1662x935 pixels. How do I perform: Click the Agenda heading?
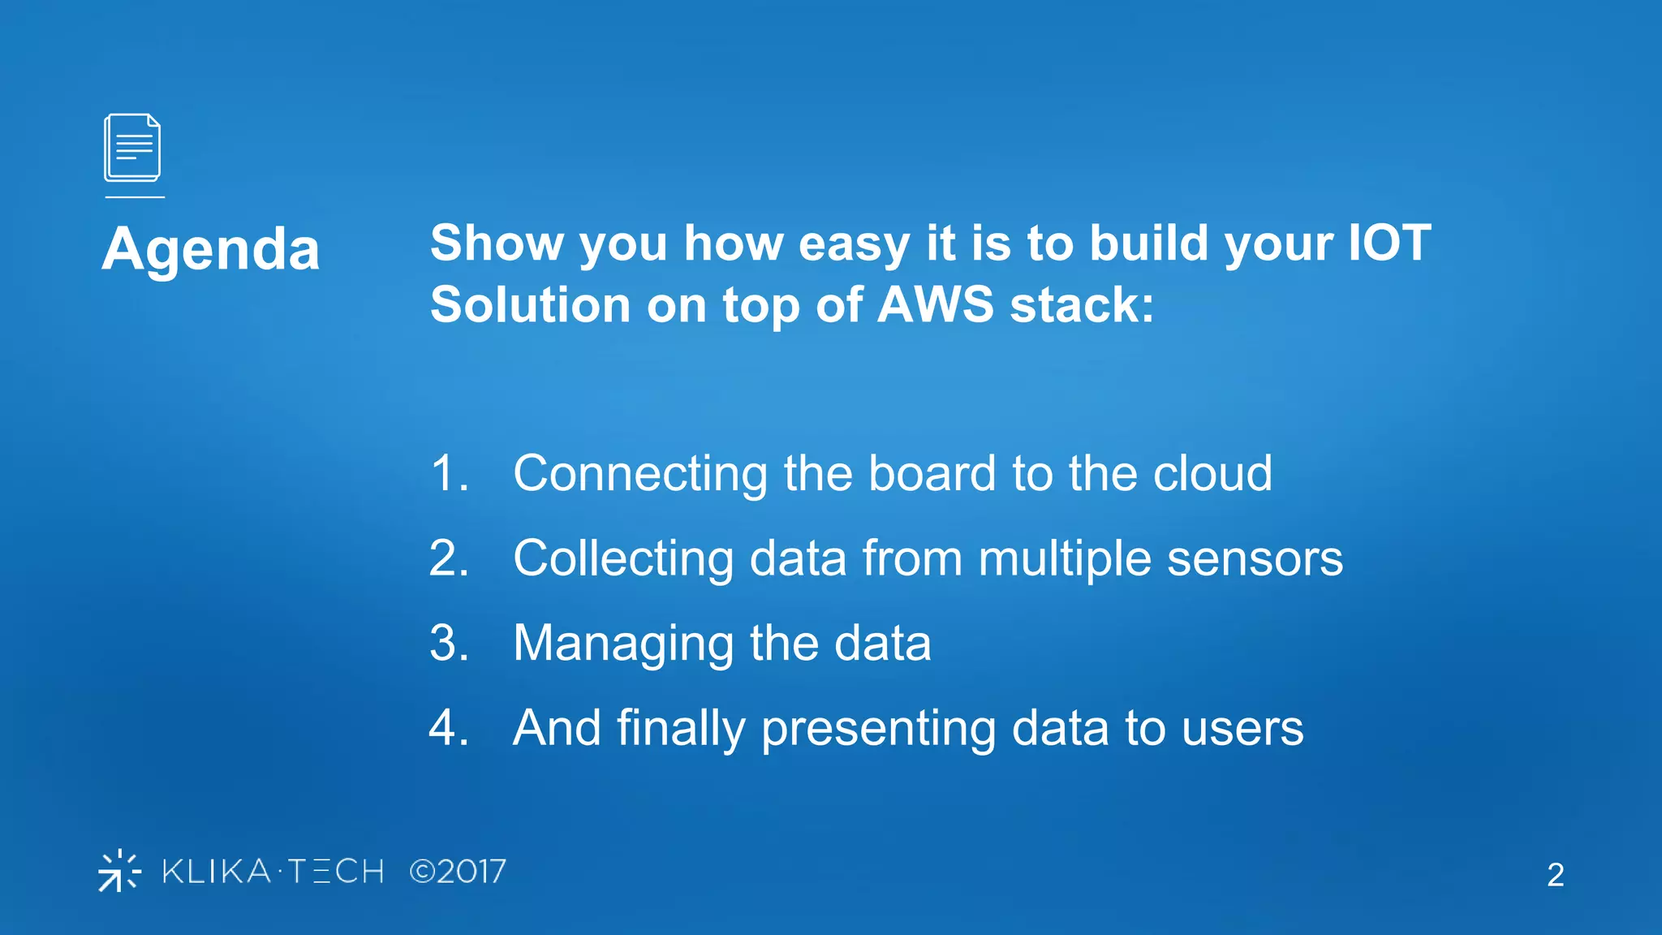tap(211, 249)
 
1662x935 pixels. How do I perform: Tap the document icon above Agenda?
tap(132, 148)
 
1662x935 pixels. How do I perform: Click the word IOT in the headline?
tap(1389, 243)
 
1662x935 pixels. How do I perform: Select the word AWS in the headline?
tap(936, 304)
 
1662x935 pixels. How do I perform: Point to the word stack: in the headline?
tap(1082, 304)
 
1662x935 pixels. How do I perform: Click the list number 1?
tap(448, 473)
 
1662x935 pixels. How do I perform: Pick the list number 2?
tap(448, 558)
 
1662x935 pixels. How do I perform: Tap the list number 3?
tap(448, 643)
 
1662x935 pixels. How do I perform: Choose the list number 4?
tap(448, 727)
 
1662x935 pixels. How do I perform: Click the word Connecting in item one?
tap(639, 475)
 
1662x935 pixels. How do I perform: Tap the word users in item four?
tap(1242, 729)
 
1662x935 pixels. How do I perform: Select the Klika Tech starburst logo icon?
tap(119, 871)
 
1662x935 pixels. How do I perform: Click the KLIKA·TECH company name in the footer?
tap(273, 872)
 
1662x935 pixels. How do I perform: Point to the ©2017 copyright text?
tap(458, 872)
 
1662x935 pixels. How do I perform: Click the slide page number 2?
tap(1555, 875)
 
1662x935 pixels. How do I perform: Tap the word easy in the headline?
tap(854, 244)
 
